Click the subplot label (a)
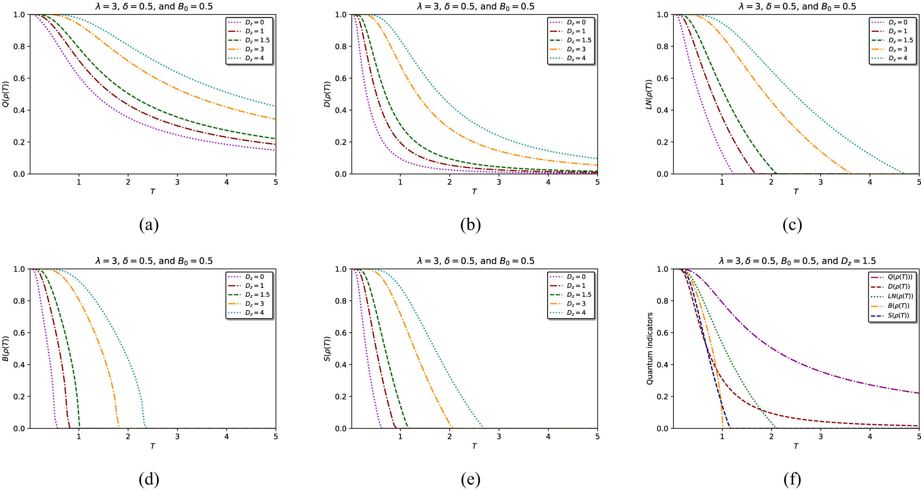pos(149,225)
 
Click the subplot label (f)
pos(792,479)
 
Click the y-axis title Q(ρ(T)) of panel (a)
pos(6,94)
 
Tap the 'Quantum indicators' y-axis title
pos(650,349)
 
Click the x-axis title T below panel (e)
pos(474,446)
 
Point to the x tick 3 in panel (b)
pos(499,182)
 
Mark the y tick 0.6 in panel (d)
pos(19,333)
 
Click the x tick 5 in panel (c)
pos(918,182)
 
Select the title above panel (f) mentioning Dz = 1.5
pos(797,261)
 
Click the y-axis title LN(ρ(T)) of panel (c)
pos(649,94)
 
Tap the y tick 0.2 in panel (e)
pos(341,397)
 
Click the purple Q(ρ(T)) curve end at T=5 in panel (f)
pos(918,393)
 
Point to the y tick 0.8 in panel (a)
pos(19,47)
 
